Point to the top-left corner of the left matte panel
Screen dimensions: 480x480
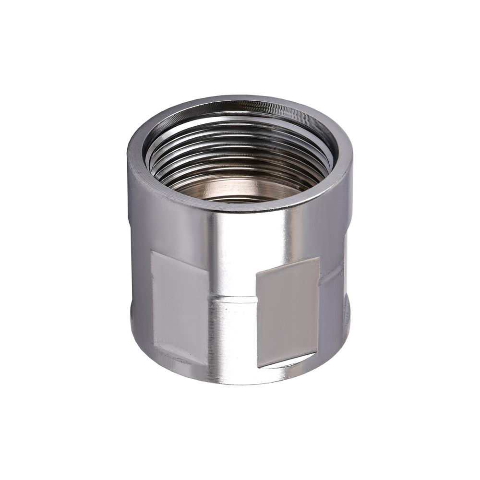pyautogui.click(x=152, y=252)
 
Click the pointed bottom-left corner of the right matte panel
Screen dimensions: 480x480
pyautogui.click(x=258, y=367)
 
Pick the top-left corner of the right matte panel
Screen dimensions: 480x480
pyautogui.click(x=256, y=272)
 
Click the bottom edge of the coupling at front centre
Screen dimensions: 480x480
pyautogui.click(x=235, y=382)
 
